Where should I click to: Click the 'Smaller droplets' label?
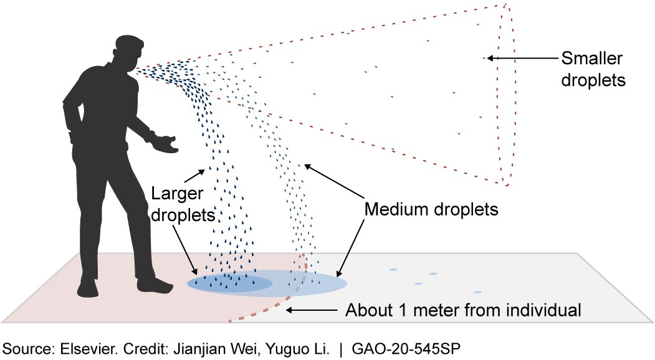592,69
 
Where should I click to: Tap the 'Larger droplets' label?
181,205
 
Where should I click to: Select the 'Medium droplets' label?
431,209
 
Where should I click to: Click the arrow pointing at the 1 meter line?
312,310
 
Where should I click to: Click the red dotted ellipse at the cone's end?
509,93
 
